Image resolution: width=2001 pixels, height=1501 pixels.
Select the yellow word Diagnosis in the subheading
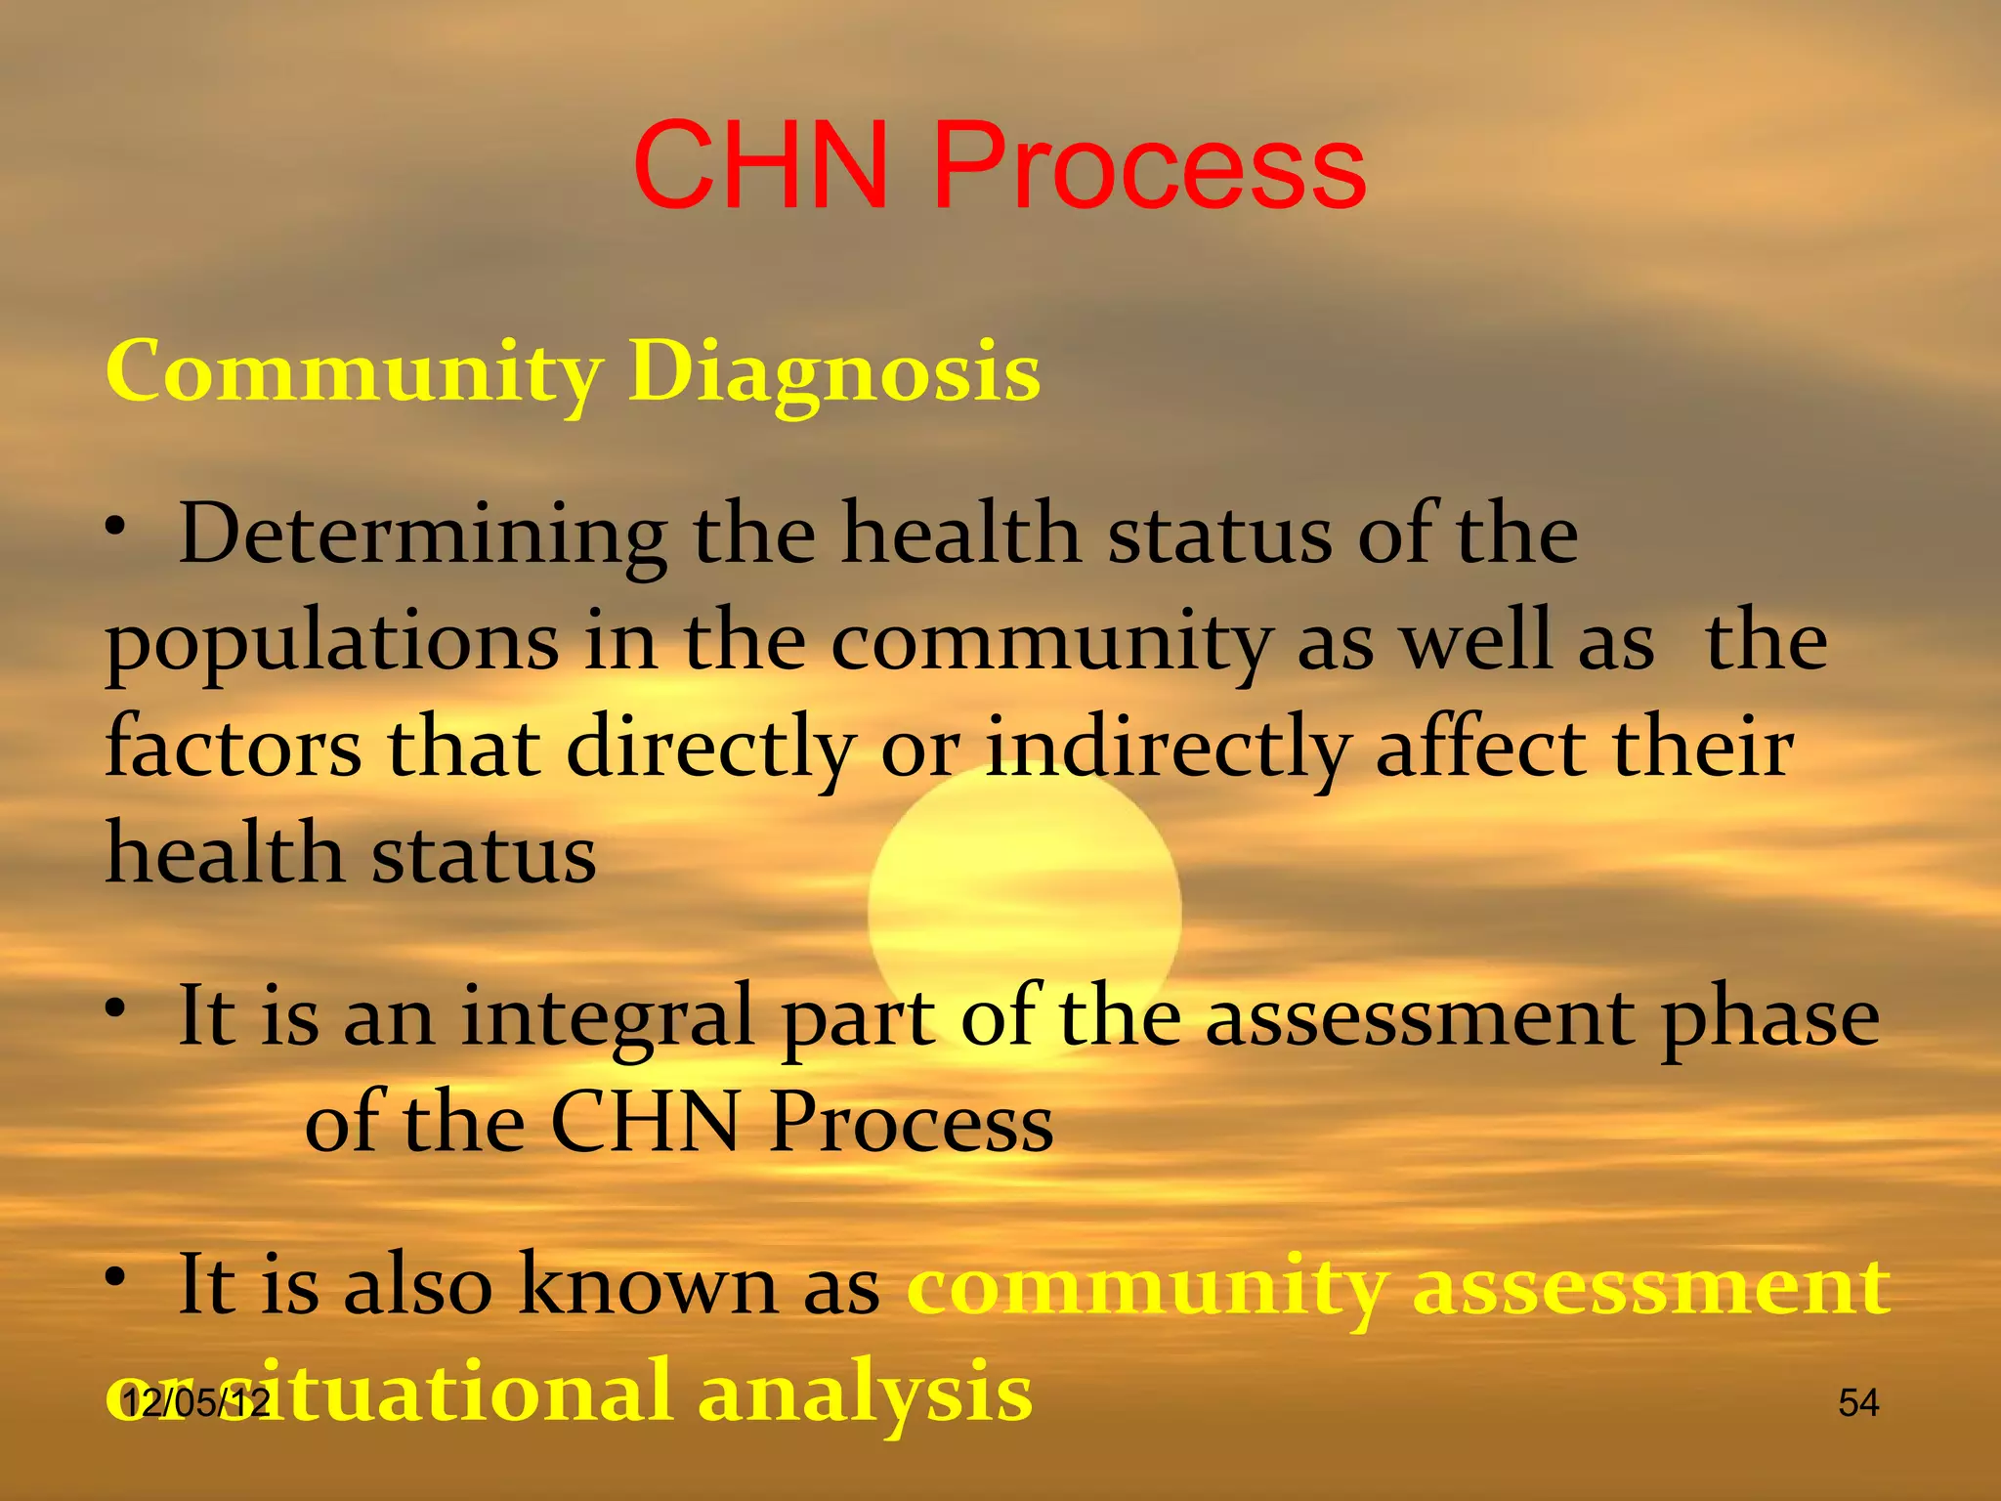click(x=834, y=373)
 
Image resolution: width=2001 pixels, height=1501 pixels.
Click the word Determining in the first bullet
click(x=422, y=535)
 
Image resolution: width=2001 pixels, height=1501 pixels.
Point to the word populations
click(x=332, y=645)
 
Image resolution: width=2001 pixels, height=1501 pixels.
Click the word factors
click(x=233, y=748)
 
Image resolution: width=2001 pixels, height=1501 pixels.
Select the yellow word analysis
click(x=865, y=1393)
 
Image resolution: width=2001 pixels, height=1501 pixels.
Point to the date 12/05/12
click(x=195, y=1403)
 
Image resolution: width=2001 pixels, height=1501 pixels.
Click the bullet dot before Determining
click(x=117, y=529)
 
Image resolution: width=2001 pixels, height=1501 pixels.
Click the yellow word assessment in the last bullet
click(x=1651, y=1287)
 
